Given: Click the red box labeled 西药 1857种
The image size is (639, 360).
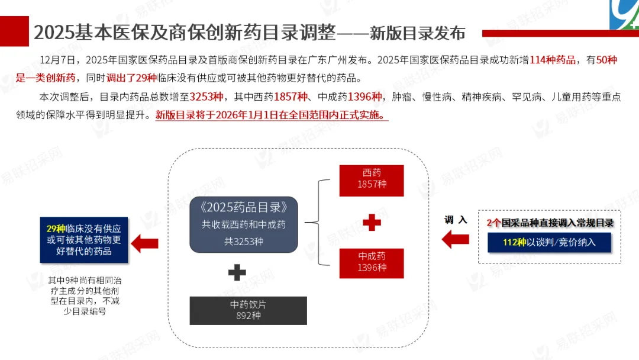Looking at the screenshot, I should pyautogui.click(x=372, y=180).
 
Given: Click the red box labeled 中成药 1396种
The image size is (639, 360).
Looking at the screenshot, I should pyautogui.click(x=372, y=263).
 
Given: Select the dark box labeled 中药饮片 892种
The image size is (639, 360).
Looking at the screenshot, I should pyautogui.click(x=248, y=310).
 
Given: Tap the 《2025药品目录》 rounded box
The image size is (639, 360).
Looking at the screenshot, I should pyautogui.click(x=244, y=224).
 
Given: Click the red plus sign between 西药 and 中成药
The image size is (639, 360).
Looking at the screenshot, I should pyautogui.click(x=372, y=223).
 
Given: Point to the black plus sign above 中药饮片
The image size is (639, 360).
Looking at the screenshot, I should pyautogui.click(x=237, y=272).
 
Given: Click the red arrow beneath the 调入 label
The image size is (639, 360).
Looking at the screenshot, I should pyautogui.click(x=456, y=240).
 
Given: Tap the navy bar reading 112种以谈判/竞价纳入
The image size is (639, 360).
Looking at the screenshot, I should pyautogui.click(x=550, y=242).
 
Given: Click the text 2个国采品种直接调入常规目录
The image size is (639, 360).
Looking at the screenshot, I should pyautogui.click(x=550, y=223).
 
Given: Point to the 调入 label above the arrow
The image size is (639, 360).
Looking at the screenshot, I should pyautogui.click(x=456, y=220).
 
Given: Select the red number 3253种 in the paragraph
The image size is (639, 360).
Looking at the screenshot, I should pyautogui.click(x=206, y=97).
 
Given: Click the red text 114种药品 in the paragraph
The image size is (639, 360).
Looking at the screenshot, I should pyautogui.click(x=553, y=60).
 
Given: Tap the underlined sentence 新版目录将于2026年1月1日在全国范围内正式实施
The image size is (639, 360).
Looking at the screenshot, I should pyautogui.click(x=272, y=115).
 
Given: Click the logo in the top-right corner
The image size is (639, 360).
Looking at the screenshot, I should pyautogui.click(x=624, y=14).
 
